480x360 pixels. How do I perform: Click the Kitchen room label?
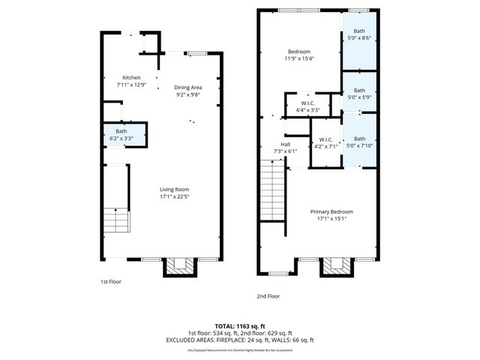(x=131, y=78)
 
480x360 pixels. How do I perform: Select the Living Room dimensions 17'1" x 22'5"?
(x=174, y=198)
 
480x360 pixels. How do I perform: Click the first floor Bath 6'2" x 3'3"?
(x=121, y=135)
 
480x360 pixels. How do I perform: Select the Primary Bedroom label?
(x=331, y=211)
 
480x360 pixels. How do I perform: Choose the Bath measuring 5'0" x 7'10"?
(x=359, y=142)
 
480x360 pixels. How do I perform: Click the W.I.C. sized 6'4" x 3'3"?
(x=307, y=106)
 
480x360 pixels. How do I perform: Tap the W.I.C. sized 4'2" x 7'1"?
(x=325, y=143)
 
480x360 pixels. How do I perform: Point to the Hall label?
(x=285, y=145)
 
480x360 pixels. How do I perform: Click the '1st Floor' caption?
(x=111, y=282)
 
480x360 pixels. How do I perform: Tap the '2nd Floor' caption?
(x=268, y=296)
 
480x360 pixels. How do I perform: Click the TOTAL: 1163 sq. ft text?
(x=240, y=325)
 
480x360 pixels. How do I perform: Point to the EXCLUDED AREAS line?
(x=240, y=340)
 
